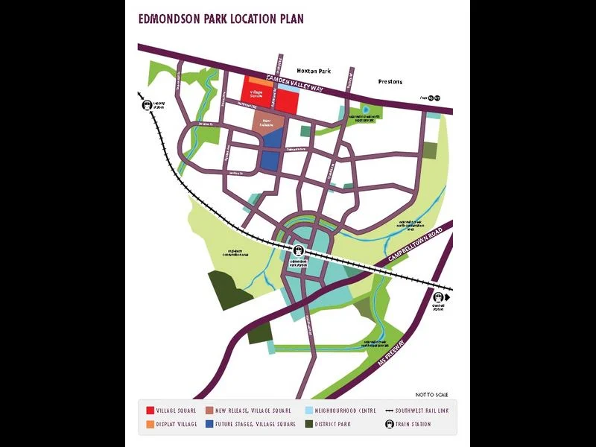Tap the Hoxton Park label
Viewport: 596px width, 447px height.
[x=313, y=71]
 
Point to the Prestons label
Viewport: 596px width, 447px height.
[x=390, y=81]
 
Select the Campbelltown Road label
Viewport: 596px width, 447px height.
[x=416, y=245]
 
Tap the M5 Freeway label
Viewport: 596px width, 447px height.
[x=392, y=356]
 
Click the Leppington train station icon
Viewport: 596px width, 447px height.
[x=148, y=105]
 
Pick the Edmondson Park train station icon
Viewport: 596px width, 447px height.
[x=299, y=251]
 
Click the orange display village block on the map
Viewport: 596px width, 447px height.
[x=256, y=80]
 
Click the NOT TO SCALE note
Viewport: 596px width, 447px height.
[x=432, y=394]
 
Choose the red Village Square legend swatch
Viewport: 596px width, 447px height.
[x=150, y=410]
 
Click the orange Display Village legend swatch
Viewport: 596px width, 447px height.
[x=150, y=425]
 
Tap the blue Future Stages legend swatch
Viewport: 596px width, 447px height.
[x=209, y=425]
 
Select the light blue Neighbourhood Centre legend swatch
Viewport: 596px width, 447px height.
[x=309, y=410]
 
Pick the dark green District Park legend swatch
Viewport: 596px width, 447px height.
[x=309, y=425]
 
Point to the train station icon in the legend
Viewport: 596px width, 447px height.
[x=389, y=425]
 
